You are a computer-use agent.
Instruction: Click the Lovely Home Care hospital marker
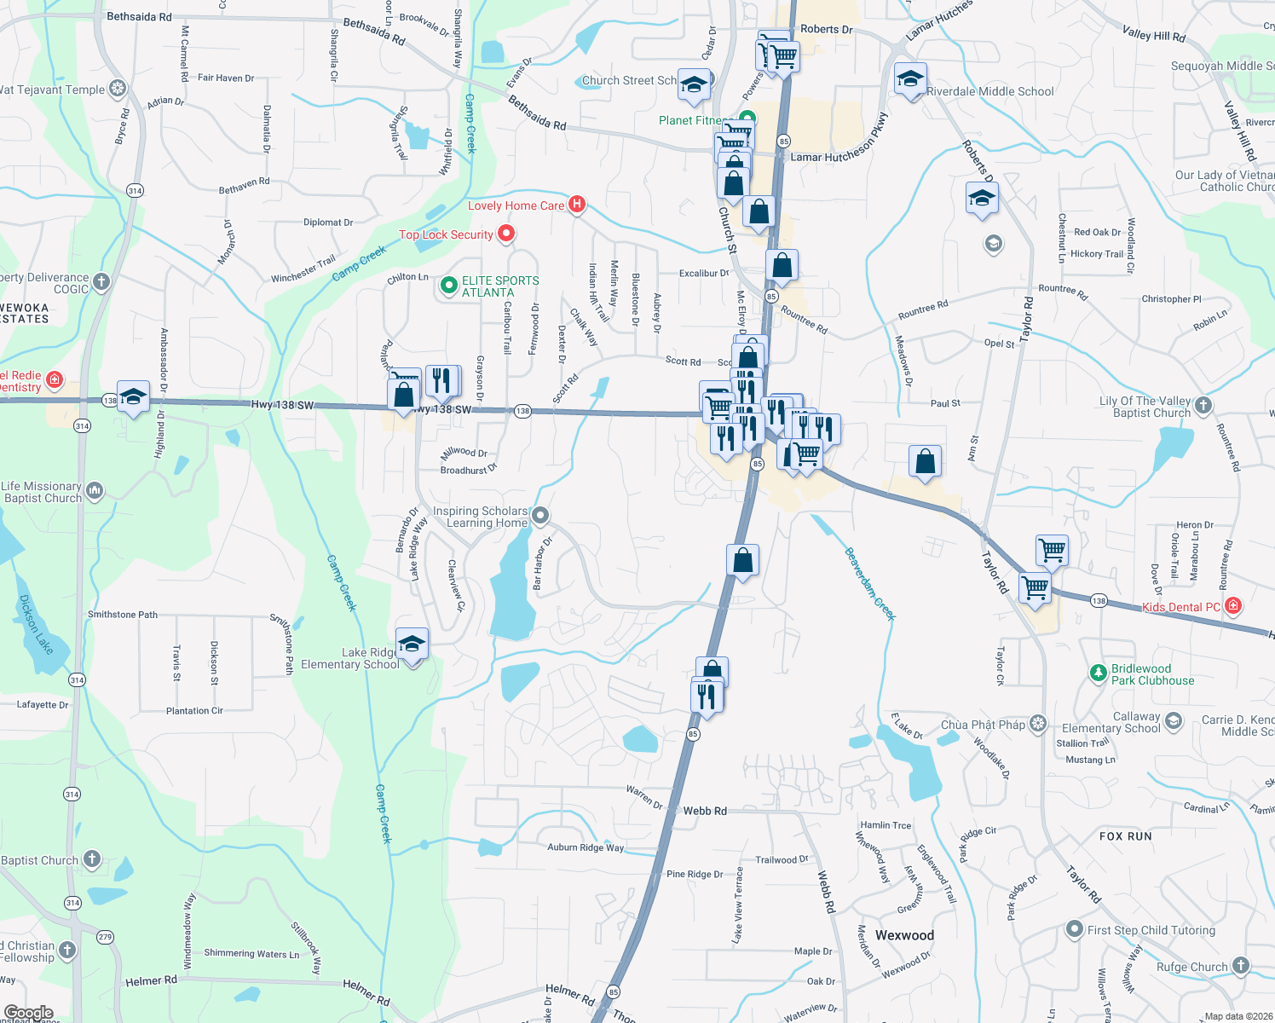tap(577, 205)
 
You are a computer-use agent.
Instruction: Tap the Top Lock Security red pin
tap(506, 234)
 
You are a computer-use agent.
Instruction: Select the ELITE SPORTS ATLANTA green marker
tap(448, 286)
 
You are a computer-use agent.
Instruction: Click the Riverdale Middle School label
tap(989, 91)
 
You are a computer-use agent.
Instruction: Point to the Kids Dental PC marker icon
tap(1232, 606)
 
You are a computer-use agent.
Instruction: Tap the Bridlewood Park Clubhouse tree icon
tap(1098, 673)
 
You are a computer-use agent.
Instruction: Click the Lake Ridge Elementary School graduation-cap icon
tap(412, 644)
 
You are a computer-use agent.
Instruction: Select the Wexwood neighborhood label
tap(904, 935)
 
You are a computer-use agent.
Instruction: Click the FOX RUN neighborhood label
tap(1125, 836)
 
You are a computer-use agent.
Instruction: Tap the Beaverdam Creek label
tap(869, 584)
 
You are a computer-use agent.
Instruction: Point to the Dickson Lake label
tap(36, 624)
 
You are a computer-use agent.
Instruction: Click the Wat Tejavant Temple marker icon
tap(118, 88)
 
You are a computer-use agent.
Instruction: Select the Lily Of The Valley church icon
tap(1203, 405)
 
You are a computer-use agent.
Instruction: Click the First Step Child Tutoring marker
tap(1075, 929)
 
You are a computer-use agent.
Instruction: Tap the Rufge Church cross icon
tap(1240, 966)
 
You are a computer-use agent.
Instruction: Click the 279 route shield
tap(105, 937)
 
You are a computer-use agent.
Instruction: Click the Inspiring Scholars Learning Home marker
tap(539, 516)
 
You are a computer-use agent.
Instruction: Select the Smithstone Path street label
tap(123, 615)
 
